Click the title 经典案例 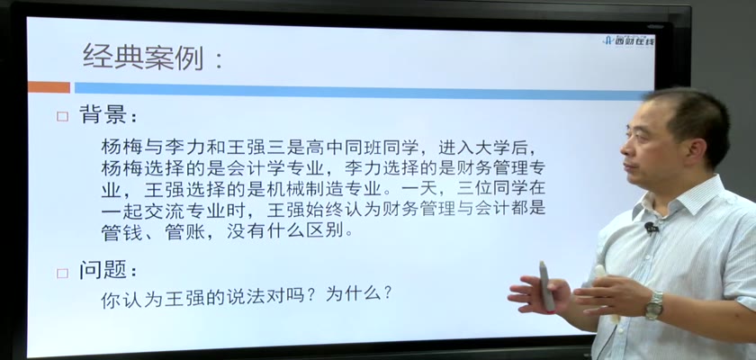(143, 57)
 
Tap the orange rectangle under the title (49, 87)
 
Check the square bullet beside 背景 (63, 117)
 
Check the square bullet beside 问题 (63, 274)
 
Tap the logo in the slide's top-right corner (629, 40)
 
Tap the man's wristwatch (654, 305)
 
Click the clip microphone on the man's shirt (651, 227)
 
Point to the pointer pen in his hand (546, 286)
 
